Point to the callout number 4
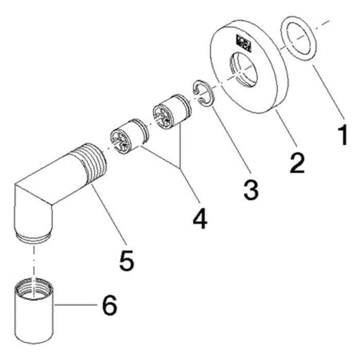200,218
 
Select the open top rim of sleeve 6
34,283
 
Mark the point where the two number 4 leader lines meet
181,168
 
